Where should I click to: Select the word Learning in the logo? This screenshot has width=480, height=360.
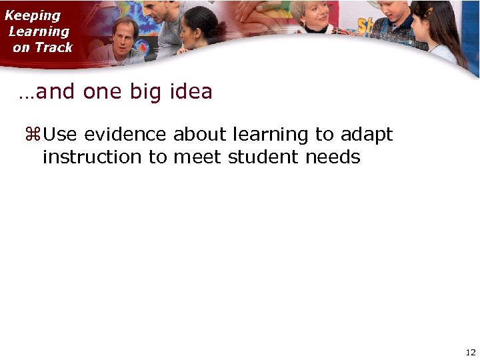point(39,31)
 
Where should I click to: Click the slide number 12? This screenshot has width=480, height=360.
point(471,352)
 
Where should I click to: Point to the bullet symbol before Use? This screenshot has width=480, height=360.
point(32,135)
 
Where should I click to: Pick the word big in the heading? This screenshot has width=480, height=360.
point(145,92)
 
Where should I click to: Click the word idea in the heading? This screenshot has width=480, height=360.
point(191,91)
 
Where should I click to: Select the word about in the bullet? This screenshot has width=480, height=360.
point(200,135)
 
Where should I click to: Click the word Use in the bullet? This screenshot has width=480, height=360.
point(60,135)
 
